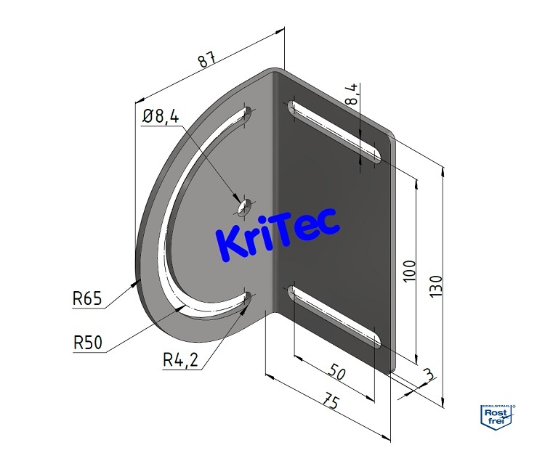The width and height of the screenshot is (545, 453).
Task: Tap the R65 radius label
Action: (x=86, y=297)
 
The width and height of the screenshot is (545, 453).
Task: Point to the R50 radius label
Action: (x=86, y=341)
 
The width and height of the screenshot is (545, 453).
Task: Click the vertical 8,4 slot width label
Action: (x=352, y=95)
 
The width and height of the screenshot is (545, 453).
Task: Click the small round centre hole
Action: (x=243, y=207)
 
